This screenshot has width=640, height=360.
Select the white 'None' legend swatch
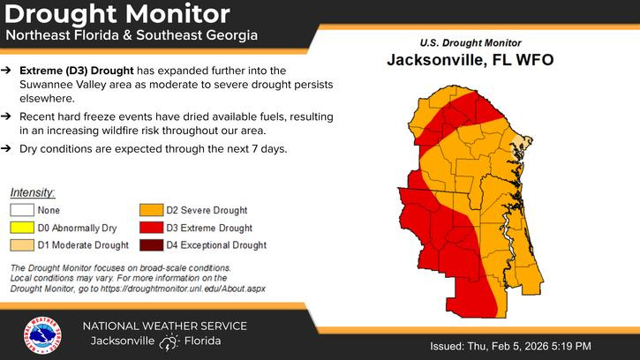[x=22, y=211]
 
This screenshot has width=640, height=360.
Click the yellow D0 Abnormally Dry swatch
[x=22, y=228]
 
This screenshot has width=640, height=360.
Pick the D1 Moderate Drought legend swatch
[x=22, y=244]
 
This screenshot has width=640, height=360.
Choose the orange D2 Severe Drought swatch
[x=150, y=211]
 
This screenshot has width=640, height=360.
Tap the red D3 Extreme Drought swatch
[x=150, y=228]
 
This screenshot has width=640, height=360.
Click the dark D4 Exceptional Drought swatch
[x=150, y=244]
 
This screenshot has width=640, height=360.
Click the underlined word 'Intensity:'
[x=33, y=192]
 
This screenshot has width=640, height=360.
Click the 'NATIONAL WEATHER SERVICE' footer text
[x=165, y=326]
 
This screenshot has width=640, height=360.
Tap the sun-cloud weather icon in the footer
[x=169, y=342]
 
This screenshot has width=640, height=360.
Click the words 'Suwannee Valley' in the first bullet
[x=67, y=85]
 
